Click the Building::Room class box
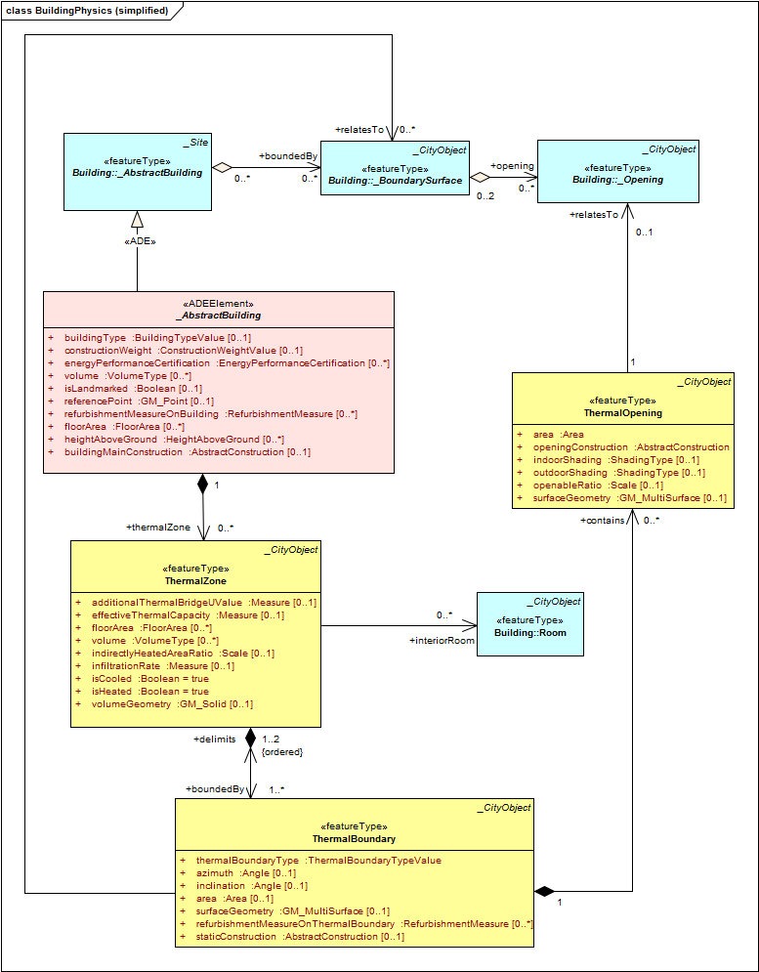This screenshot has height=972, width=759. coord(530,624)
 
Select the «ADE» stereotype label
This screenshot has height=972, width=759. coord(138,242)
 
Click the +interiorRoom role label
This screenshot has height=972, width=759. coord(443,641)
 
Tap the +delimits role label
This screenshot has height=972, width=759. coord(215,739)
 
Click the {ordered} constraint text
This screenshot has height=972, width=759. coord(282,751)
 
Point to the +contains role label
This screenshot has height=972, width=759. coord(602,521)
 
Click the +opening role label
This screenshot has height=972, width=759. coord(512,166)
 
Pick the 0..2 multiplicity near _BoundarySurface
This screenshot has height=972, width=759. coord(485,196)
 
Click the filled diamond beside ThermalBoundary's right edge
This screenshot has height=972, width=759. coord(544,892)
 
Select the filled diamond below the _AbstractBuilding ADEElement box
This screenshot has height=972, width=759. coord(203,485)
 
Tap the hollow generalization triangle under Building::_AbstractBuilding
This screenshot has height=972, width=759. coord(138,218)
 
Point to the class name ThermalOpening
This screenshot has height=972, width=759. coord(623,413)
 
